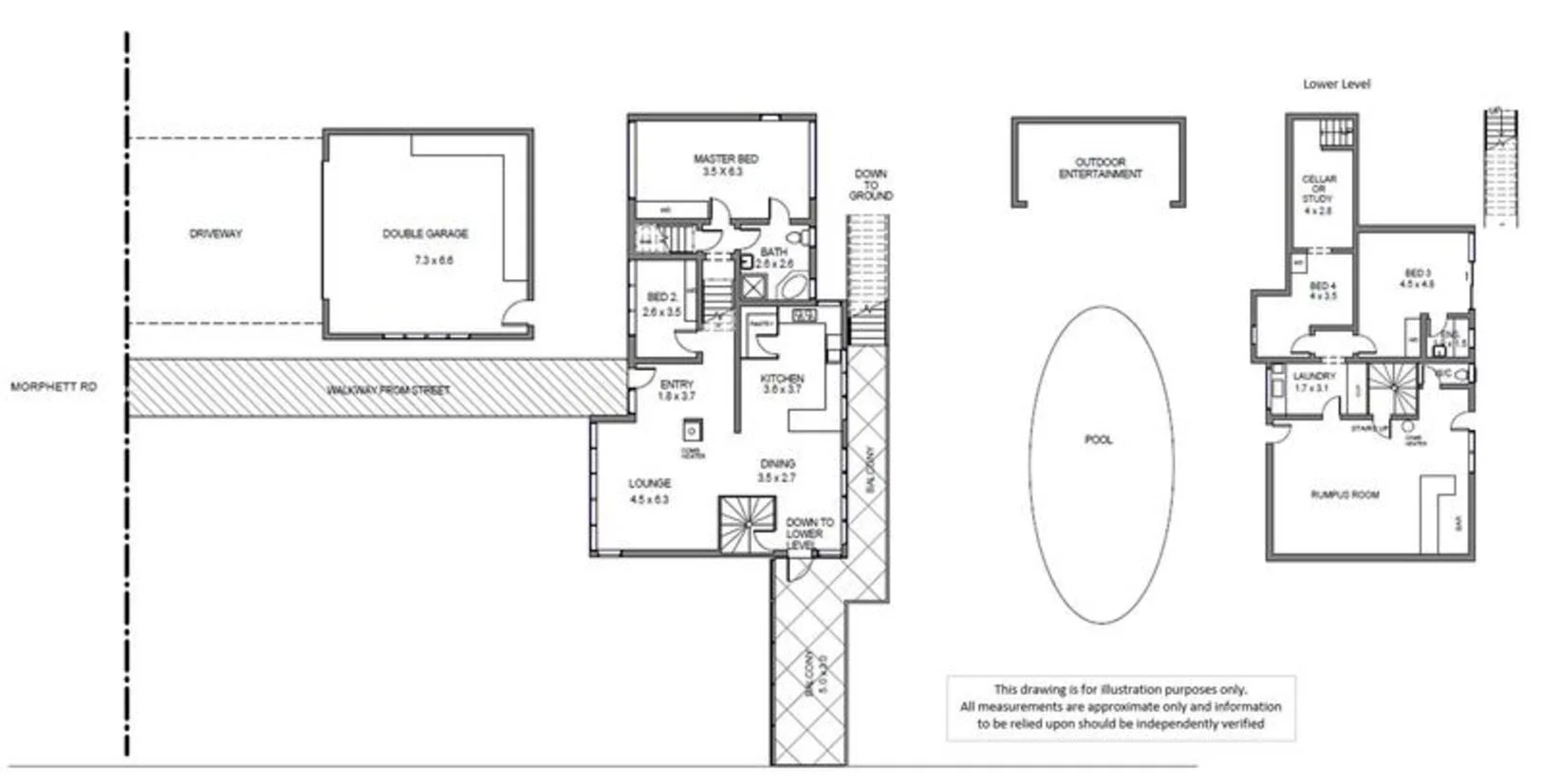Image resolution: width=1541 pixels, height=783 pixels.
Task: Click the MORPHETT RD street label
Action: coord(53,387)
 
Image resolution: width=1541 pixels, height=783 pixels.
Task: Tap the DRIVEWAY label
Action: coord(215,233)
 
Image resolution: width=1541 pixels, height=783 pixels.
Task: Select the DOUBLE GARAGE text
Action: coord(425,233)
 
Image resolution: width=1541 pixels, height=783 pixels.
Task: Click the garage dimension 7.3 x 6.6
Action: coord(434,260)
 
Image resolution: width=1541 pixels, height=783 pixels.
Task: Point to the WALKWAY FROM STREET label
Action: coord(388,390)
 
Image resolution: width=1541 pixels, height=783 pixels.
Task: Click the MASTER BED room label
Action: coord(725,159)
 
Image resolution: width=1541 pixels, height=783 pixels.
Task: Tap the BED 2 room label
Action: coord(661,298)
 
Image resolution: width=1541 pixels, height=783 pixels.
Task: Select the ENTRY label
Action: coord(677,384)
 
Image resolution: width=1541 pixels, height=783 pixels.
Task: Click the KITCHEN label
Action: coord(782,379)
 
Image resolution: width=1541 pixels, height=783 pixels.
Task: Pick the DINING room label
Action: coord(777,464)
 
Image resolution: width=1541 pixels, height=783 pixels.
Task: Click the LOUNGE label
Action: coord(649,484)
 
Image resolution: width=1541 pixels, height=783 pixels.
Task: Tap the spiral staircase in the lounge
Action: coord(745,525)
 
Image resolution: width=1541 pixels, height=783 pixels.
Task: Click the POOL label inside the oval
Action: coord(1098,440)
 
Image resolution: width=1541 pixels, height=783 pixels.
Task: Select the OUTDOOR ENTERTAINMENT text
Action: coord(1100,168)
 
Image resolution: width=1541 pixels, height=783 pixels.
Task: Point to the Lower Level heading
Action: coord(1335,84)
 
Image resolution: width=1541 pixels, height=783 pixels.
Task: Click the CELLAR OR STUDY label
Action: coord(1318,189)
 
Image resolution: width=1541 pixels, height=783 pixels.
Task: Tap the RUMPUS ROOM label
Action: coord(1345,495)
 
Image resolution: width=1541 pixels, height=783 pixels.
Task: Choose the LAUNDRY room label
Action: coord(1313,377)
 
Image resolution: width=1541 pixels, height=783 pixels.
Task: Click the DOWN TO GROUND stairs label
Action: coord(870,185)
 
